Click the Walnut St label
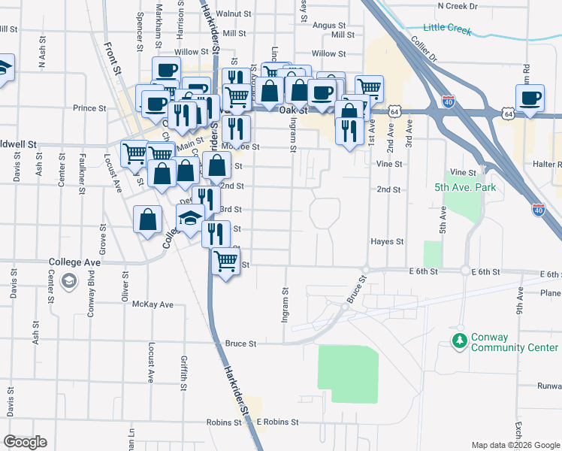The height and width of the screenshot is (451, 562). (232, 14)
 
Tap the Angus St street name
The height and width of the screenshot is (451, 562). (328, 25)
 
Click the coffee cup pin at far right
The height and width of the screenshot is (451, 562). (530, 98)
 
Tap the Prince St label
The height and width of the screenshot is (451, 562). (89, 108)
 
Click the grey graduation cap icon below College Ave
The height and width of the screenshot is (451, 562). (69, 281)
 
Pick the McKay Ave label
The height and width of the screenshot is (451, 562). (153, 304)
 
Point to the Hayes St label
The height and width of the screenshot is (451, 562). (387, 242)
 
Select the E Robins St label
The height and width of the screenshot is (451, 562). (277, 422)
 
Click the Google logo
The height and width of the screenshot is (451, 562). (25, 442)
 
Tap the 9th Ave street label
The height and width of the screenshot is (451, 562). (519, 304)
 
